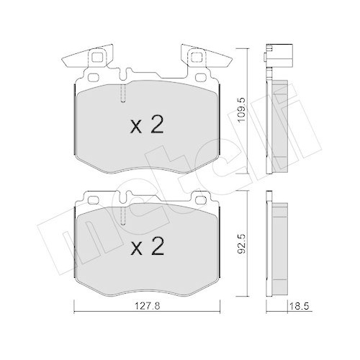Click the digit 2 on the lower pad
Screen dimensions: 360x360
click(x=158, y=248)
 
